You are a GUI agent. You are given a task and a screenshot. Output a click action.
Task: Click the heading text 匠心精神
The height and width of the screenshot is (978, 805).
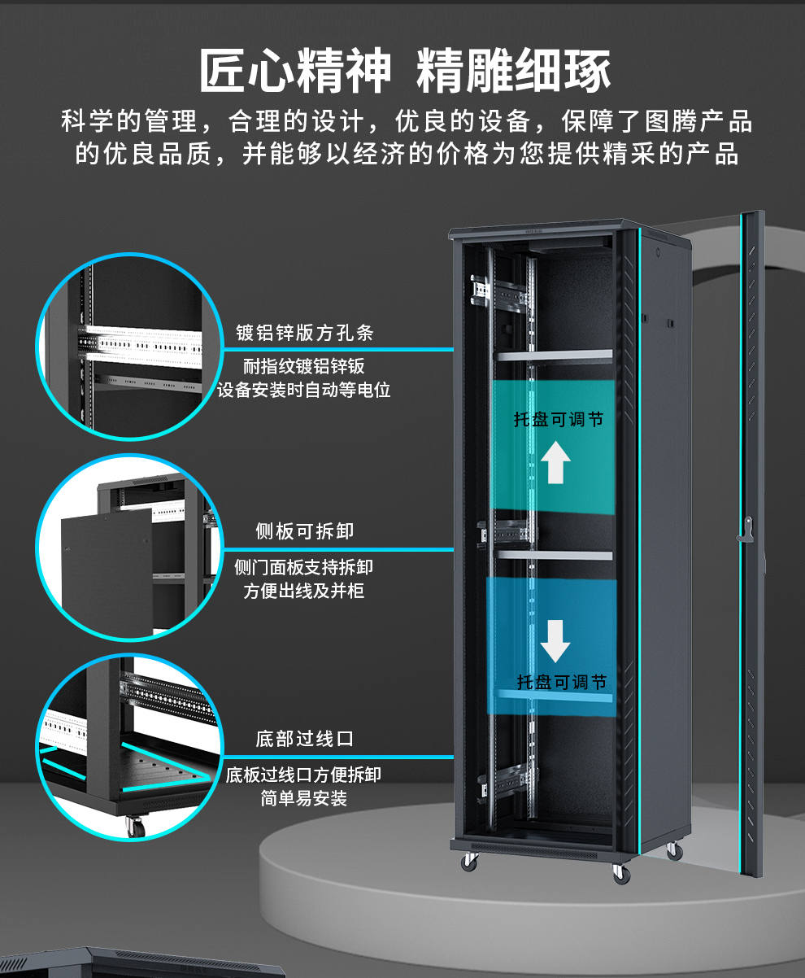295,72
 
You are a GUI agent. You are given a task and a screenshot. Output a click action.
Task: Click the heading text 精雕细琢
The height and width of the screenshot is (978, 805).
513,72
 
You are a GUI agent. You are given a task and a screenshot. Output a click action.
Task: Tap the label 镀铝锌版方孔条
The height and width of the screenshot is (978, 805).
304,333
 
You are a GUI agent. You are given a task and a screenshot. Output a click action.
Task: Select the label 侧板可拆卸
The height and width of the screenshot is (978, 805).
304,531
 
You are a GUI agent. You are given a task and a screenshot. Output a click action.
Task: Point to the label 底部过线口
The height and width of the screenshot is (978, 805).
304,739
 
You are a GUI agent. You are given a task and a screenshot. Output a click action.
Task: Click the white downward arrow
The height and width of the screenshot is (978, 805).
555,640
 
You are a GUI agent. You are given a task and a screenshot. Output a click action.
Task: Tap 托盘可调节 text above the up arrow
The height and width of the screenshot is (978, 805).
559,420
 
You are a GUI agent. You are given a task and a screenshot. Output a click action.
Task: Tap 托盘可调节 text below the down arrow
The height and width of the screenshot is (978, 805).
562,682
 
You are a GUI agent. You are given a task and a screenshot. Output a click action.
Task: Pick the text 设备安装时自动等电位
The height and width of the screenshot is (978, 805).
304,390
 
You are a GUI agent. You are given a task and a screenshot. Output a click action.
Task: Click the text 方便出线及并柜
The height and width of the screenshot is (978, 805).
304,591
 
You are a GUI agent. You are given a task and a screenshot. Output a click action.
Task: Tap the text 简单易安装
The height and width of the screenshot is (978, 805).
304,798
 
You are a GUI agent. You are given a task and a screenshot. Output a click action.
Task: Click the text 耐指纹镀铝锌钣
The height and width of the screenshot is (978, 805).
304,366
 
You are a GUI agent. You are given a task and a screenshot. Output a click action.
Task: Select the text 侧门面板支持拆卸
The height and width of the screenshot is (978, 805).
304,567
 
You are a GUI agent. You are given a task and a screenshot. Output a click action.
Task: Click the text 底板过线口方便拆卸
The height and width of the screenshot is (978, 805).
304,775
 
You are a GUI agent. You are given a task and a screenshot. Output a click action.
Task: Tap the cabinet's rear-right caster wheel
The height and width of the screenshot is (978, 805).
673,851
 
